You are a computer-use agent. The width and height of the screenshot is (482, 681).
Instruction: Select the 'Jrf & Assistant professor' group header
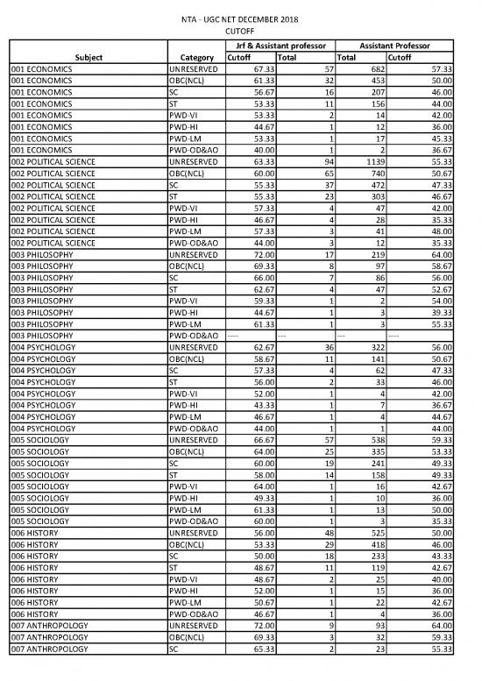276,45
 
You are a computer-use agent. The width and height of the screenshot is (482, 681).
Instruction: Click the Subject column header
89,57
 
